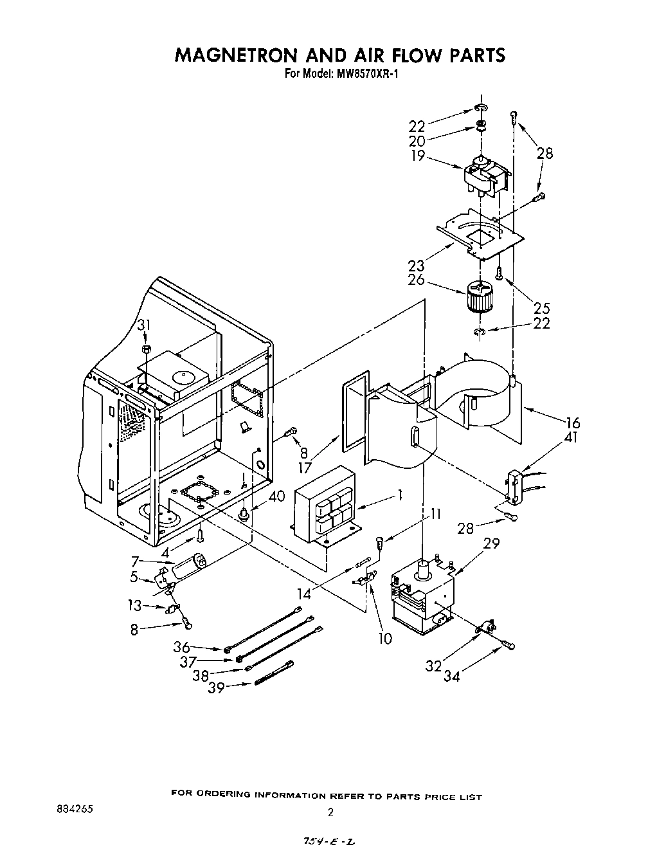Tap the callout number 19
(x=419, y=155)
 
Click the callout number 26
(x=417, y=280)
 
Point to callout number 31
(x=144, y=327)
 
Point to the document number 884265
(x=75, y=810)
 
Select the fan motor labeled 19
(x=485, y=177)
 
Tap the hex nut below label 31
(x=145, y=349)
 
